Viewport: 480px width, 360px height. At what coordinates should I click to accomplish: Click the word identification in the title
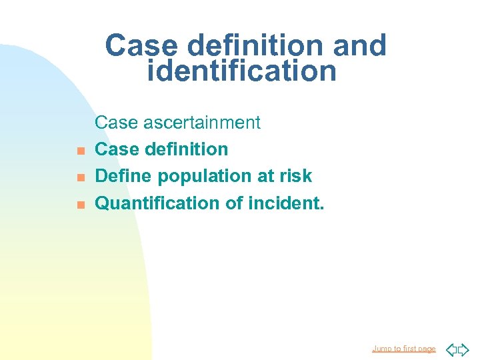pos(241,71)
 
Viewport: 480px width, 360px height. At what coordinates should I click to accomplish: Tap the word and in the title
pos(359,46)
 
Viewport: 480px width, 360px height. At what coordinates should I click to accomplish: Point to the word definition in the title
pos(256,46)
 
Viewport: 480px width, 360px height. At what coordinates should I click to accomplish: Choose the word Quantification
pos(149,203)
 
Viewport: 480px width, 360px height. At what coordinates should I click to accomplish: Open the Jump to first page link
pos(403,349)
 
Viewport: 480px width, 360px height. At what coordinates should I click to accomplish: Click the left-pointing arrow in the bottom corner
pos(451,349)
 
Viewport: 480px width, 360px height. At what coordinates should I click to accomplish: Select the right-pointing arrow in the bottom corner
pos(464,349)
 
